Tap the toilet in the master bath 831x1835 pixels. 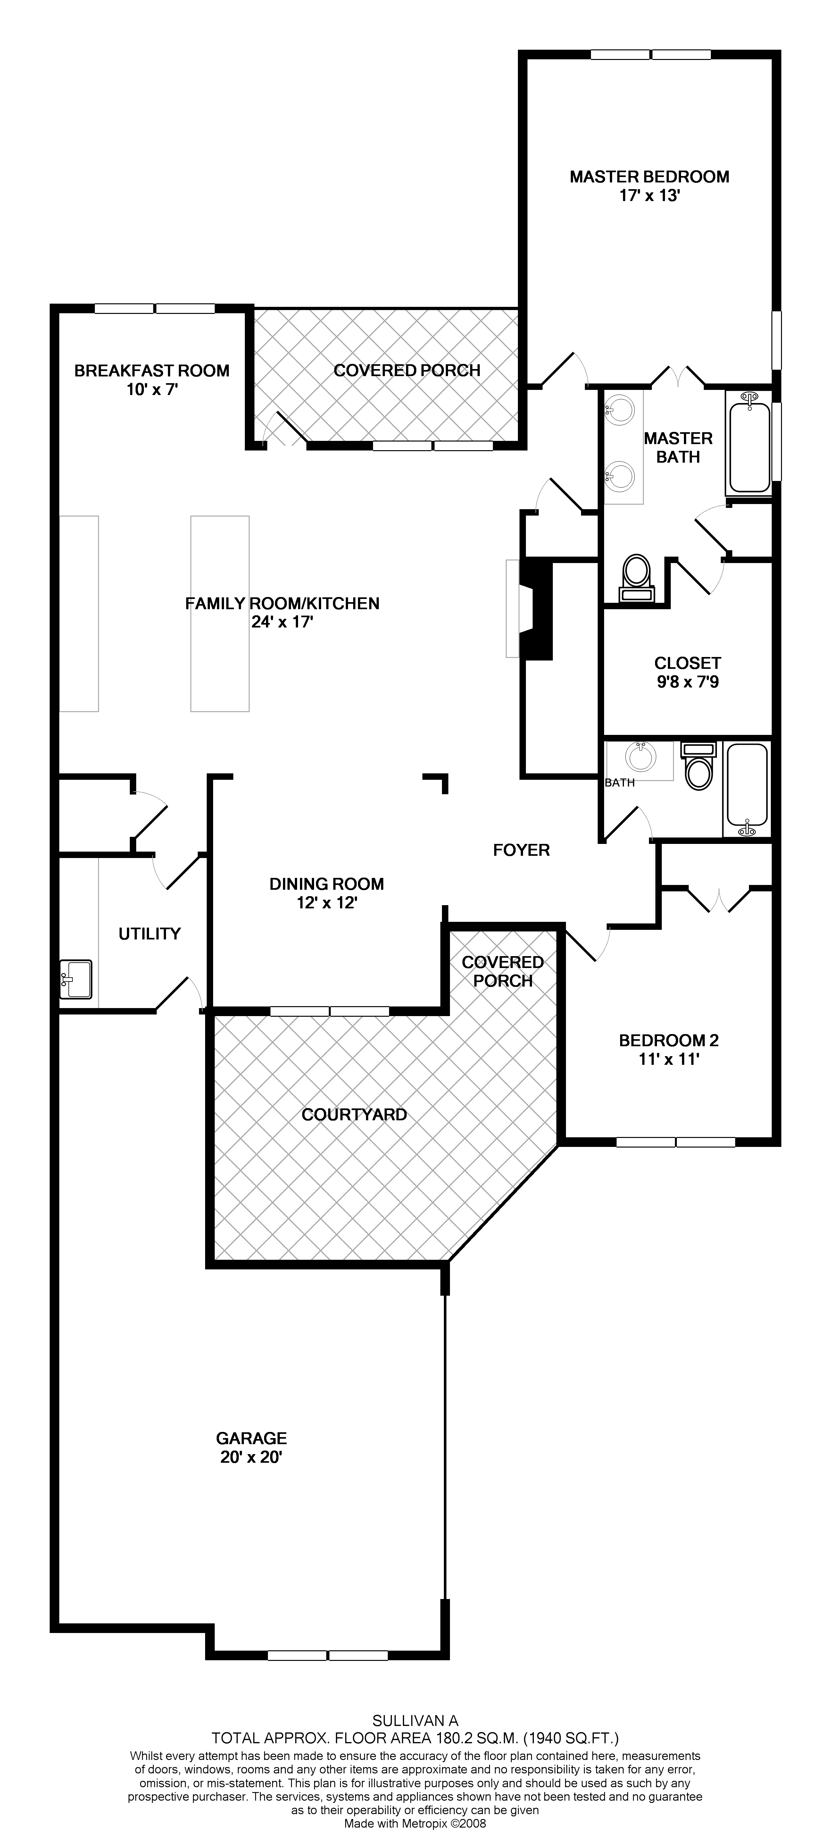click(636, 577)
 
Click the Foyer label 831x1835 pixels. click(521, 850)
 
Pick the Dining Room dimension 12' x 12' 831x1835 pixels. click(327, 903)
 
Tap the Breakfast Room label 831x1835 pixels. click(152, 370)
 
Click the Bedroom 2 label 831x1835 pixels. click(669, 1040)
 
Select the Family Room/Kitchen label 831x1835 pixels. click(282, 603)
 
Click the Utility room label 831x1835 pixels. click(150, 933)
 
